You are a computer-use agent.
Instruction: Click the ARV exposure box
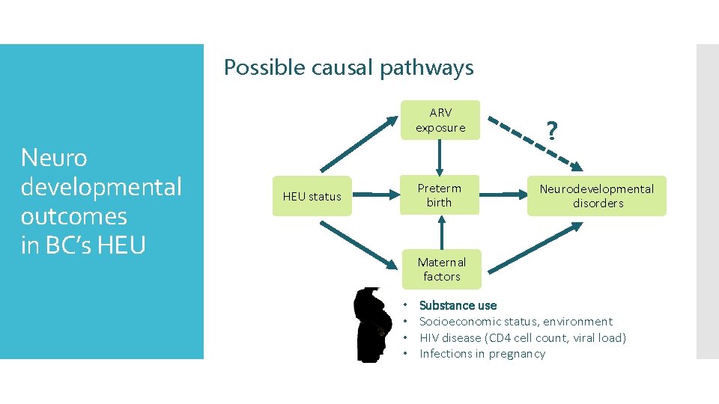click(440, 120)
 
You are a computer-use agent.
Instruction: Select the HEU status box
click(312, 197)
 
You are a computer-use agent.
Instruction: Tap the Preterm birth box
click(440, 195)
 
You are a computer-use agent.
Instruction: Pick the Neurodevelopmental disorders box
click(597, 196)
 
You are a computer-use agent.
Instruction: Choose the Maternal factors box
click(441, 269)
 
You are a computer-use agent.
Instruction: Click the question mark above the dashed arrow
click(552, 131)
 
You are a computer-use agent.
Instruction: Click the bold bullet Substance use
click(458, 305)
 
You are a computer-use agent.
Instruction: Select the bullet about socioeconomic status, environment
click(515, 322)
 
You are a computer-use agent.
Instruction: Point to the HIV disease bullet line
click(522, 338)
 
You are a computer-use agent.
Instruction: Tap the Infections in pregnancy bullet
click(482, 354)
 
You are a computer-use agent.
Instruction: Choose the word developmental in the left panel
click(101, 187)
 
